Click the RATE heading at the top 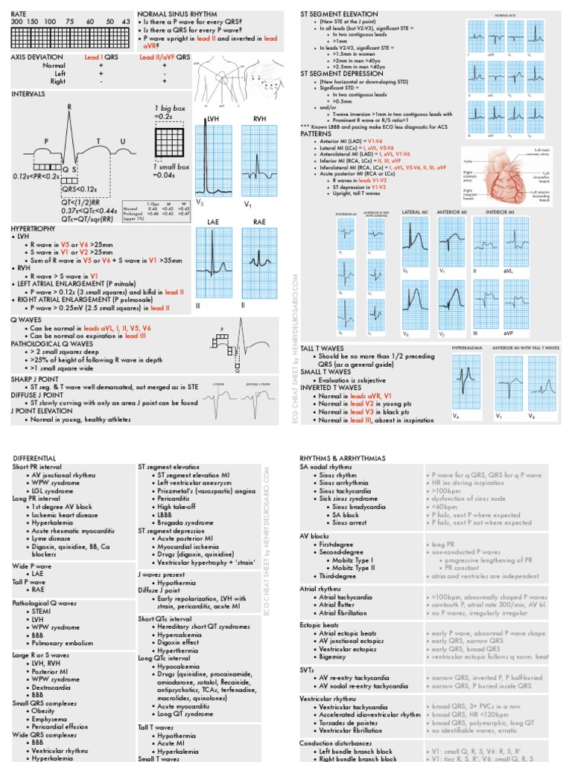(x=19, y=14)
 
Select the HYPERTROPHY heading (x=36, y=228)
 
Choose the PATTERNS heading (x=318, y=134)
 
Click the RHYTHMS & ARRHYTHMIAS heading (x=343, y=458)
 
